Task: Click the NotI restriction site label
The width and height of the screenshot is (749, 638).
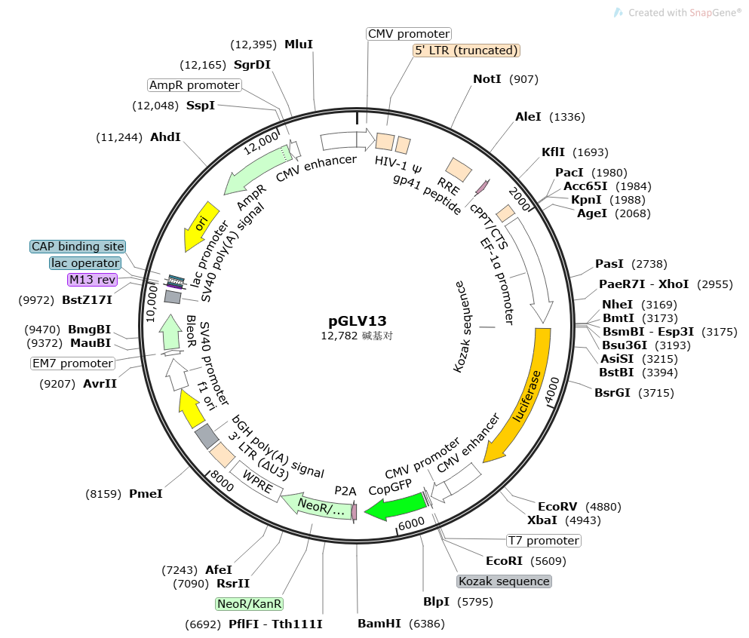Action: tap(487, 79)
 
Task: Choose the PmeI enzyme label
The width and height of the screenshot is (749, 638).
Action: tap(146, 494)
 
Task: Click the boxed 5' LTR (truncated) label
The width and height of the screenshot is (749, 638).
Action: tap(467, 51)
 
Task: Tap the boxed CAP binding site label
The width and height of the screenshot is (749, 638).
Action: tap(78, 247)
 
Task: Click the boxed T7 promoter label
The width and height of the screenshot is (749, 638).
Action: tap(543, 541)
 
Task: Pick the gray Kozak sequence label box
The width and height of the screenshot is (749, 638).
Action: tap(504, 581)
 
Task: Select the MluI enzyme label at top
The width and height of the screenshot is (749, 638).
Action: tap(298, 44)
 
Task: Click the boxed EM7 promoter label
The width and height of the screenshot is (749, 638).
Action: tap(72, 363)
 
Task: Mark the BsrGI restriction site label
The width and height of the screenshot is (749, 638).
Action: tap(612, 393)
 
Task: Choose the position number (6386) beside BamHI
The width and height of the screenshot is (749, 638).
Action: tap(426, 624)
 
